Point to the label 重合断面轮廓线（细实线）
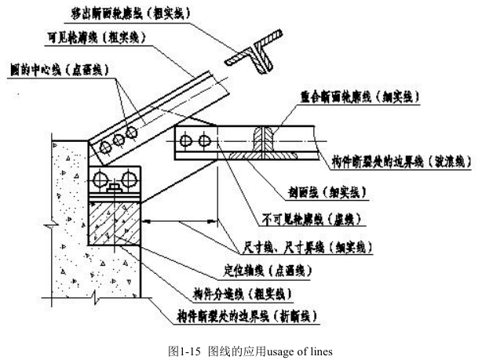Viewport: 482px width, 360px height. point(361,96)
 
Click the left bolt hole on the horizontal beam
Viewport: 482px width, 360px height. point(186,141)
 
